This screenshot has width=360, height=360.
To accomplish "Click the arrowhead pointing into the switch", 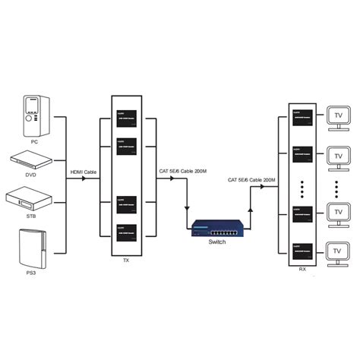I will tap(187, 213).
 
